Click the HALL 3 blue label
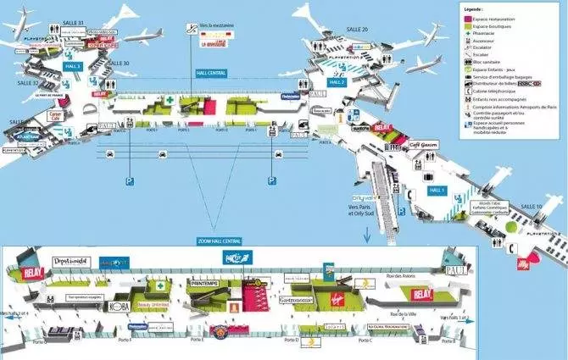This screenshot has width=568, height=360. pos(73,66)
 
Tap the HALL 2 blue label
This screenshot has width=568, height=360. pos(337,82)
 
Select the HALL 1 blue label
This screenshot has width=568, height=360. pos(437,191)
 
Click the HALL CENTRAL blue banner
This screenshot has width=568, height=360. pos(213,73)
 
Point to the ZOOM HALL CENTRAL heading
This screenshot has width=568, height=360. pos(220,241)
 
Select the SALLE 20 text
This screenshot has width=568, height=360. pos(358,30)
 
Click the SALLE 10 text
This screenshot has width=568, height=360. pos(531,207)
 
